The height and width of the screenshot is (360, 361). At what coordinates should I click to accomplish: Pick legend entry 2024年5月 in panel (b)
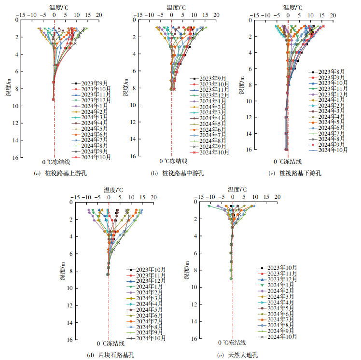pos(212,124)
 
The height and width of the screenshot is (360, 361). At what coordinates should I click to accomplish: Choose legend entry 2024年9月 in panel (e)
pos(272,331)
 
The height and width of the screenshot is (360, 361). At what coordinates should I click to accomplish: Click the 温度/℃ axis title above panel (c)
pos(292,7)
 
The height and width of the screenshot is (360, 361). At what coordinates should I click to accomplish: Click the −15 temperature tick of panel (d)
pos(74,197)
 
